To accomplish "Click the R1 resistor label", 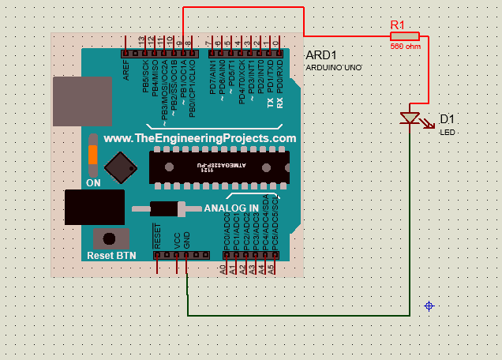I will (x=398, y=24).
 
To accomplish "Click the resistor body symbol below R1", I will (x=405, y=36).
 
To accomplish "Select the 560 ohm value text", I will (x=404, y=46).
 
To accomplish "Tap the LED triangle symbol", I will (x=410, y=118).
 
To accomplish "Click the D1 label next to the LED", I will (x=447, y=119).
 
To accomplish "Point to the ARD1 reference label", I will (x=321, y=55).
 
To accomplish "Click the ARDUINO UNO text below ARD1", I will (x=334, y=68).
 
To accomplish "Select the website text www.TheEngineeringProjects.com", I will (x=200, y=138).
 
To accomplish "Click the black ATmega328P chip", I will (x=219, y=167).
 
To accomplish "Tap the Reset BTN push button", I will (x=111, y=238).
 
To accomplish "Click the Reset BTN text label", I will (x=111, y=256).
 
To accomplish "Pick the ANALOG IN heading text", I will (x=230, y=208).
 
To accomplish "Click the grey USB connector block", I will (x=81, y=101).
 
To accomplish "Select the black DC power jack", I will (x=94, y=208).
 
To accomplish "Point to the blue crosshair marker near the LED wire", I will (x=429, y=306).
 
